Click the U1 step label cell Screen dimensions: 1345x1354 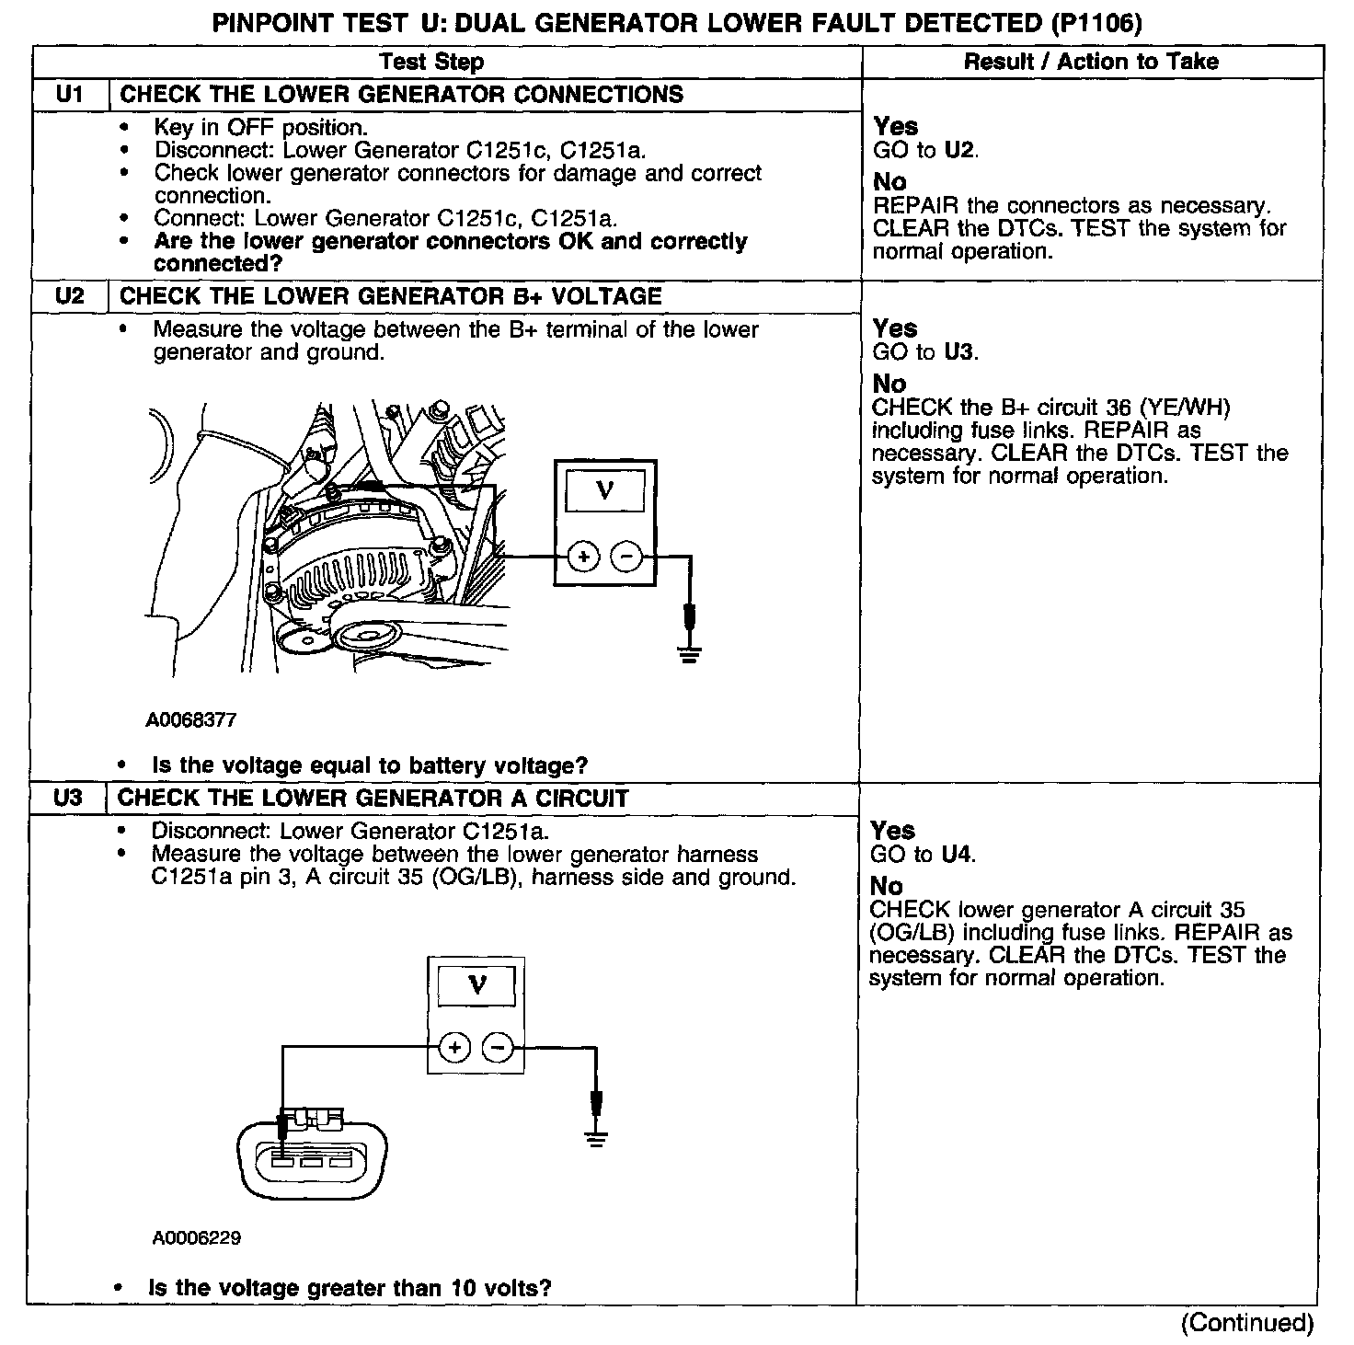70,95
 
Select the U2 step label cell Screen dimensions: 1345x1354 70,296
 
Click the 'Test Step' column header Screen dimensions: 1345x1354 431,62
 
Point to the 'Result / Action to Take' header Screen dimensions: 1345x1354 1091,62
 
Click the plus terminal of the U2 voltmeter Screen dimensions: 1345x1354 582,557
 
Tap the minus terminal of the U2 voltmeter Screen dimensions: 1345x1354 626,557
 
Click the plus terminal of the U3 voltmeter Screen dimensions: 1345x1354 454,1046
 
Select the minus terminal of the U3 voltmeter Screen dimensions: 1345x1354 498,1046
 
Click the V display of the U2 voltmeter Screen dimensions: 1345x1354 604,489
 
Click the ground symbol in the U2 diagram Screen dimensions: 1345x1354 688,654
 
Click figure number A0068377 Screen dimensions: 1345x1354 190,720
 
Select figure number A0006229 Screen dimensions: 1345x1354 197,1238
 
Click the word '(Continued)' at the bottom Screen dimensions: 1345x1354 1247,1323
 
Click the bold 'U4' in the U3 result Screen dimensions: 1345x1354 957,855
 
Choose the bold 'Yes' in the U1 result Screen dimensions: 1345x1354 895,126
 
